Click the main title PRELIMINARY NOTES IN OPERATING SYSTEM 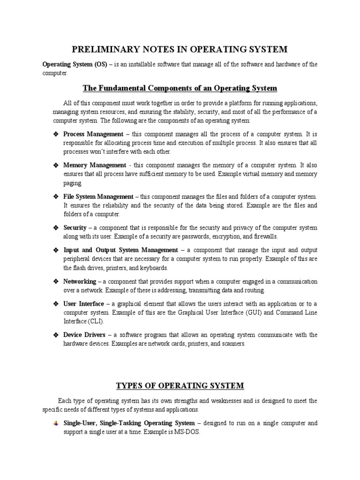[180, 49]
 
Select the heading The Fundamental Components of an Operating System [180, 88]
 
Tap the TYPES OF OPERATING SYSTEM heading [180, 386]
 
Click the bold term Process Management [93, 134]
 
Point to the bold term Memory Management [94, 165]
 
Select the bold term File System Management [98, 196]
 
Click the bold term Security [75, 228]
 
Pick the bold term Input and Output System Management [120, 250]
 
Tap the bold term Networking [79, 281]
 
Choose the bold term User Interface [83, 304]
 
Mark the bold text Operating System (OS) [75, 64]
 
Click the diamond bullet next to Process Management [55, 134]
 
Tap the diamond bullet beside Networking [55, 281]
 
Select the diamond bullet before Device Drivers [55, 335]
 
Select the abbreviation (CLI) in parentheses [95, 322]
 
